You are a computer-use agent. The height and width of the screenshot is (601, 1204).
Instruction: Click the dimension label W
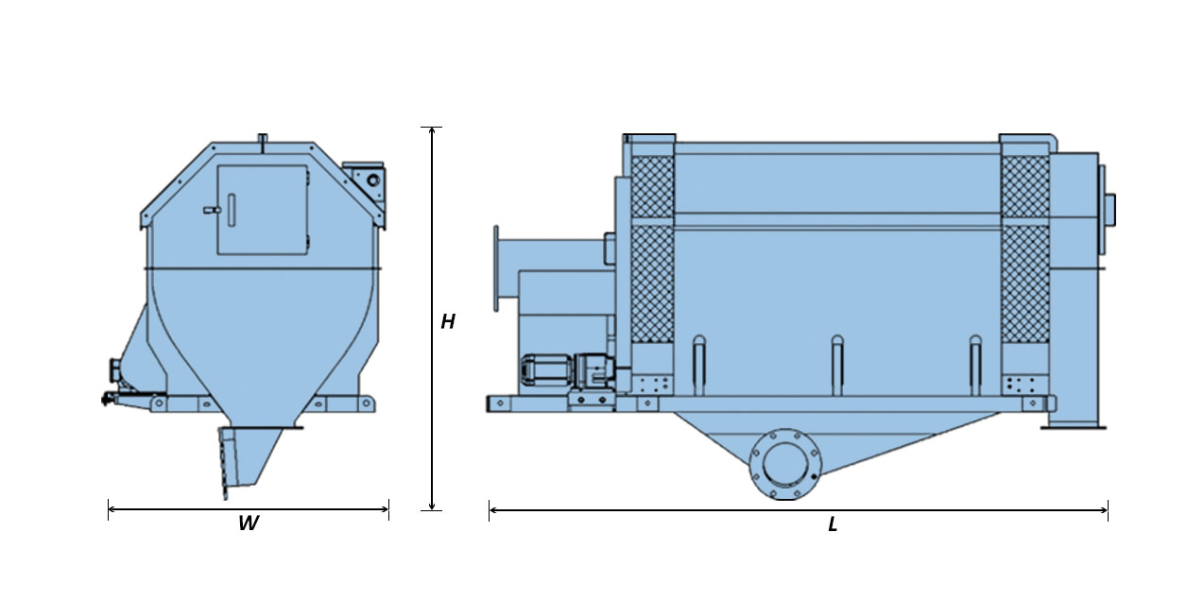coord(249,524)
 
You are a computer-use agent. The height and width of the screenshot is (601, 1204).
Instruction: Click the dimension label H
coord(448,321)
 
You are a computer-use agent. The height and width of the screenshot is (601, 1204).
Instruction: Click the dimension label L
coord(833,524)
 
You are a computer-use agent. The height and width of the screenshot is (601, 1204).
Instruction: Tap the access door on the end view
coord(263,210)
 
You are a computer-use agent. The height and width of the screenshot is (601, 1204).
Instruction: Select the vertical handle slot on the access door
coord(232,210)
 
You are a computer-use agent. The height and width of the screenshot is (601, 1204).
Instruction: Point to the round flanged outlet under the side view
coord(785,464)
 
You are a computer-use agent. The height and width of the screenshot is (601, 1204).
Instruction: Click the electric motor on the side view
coord(546,369)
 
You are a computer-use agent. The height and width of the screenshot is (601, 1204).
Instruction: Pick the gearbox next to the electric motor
coord(595,369)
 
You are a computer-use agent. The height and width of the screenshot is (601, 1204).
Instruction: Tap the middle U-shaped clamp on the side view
coord(837,366)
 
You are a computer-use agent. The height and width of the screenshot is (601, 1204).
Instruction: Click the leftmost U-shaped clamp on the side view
coord(698,366)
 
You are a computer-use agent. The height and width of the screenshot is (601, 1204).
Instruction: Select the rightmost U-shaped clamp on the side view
coord(975,366)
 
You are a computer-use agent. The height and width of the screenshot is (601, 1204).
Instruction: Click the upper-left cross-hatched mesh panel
coord(652,186)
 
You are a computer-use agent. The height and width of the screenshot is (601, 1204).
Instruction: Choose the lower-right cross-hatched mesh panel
coord(1025,283)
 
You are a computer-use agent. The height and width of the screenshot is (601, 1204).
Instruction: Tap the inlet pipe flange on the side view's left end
coord(495,268)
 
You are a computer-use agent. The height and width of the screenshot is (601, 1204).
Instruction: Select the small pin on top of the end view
coord(263,139)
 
